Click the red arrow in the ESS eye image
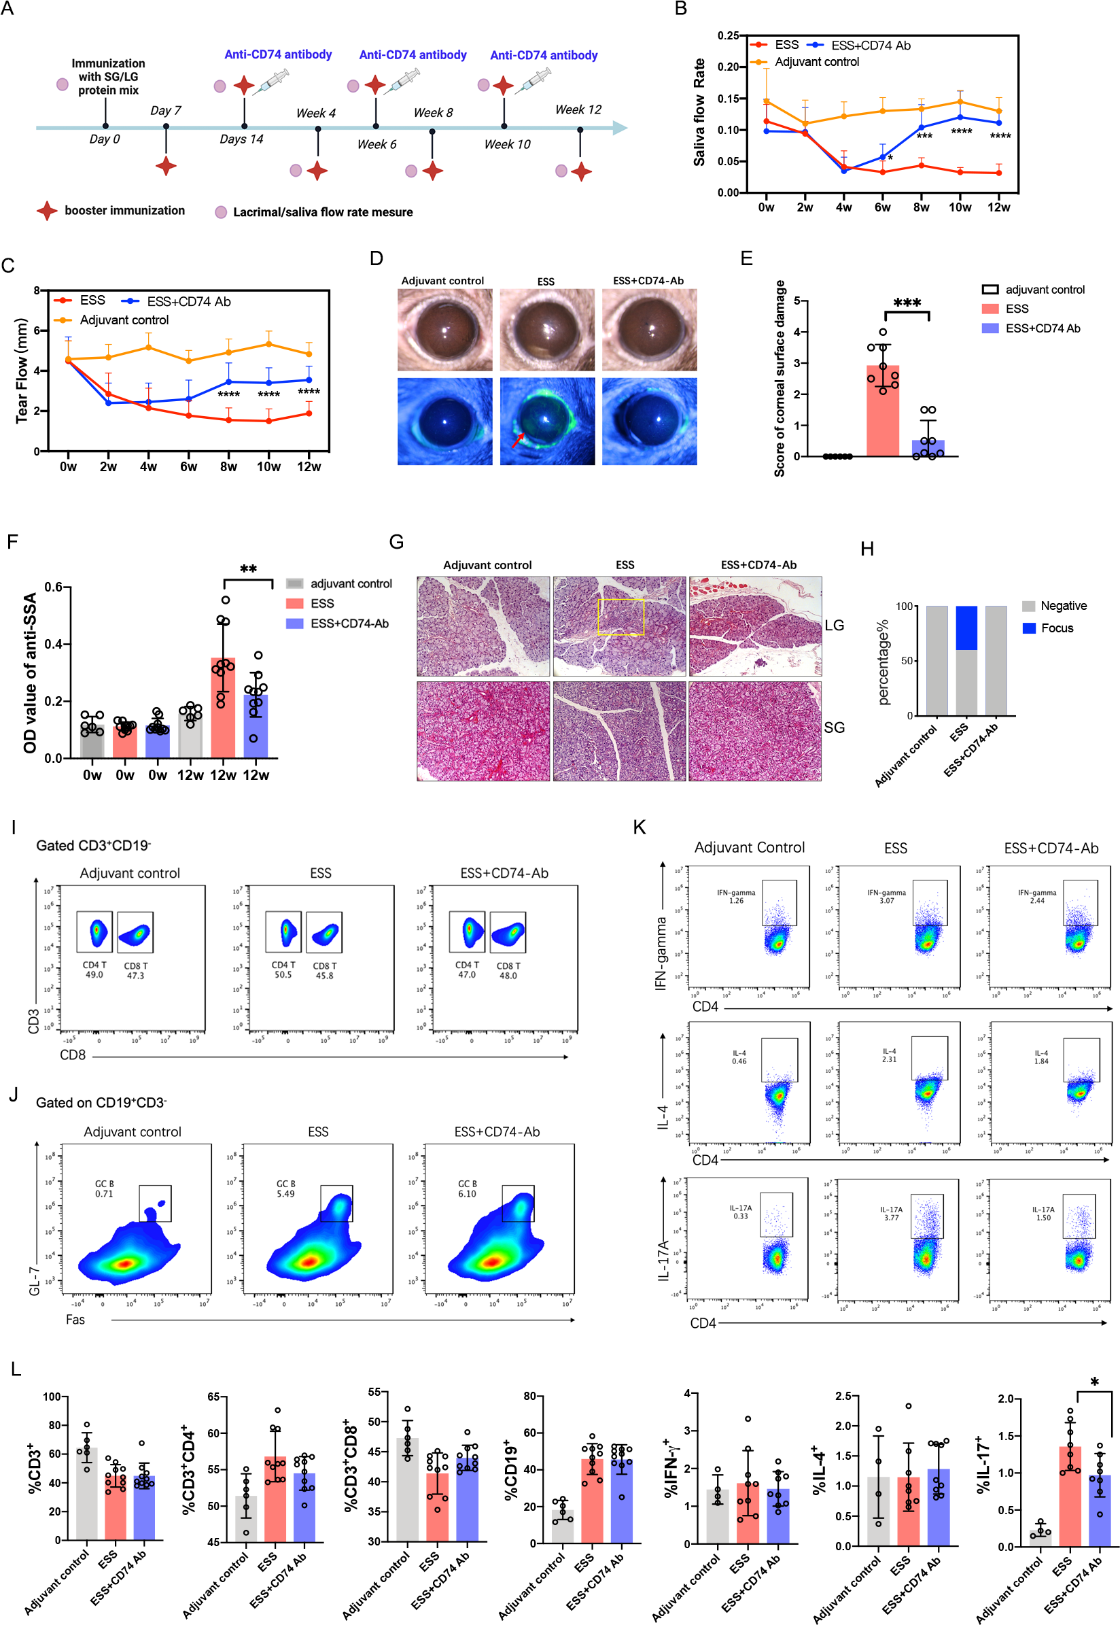pos(518,439)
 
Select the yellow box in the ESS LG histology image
pos(620,617)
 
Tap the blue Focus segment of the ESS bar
pos(966,628)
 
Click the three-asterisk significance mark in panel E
pos(907,303)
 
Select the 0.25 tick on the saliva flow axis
pos(728,36)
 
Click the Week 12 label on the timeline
pos(578,109)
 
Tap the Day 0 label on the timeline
pos(104,139)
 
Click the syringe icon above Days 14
pos(270,82)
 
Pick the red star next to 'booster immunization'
pos(47,211)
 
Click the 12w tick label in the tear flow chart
pos(309,467)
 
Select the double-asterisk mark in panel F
pos(248,569)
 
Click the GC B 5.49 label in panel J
pos(285,1188)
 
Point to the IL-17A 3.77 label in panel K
pos(890,1214)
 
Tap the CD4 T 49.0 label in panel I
pos(94,970)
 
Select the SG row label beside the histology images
pos(834,728)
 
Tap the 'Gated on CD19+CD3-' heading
pos(101,1102)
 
